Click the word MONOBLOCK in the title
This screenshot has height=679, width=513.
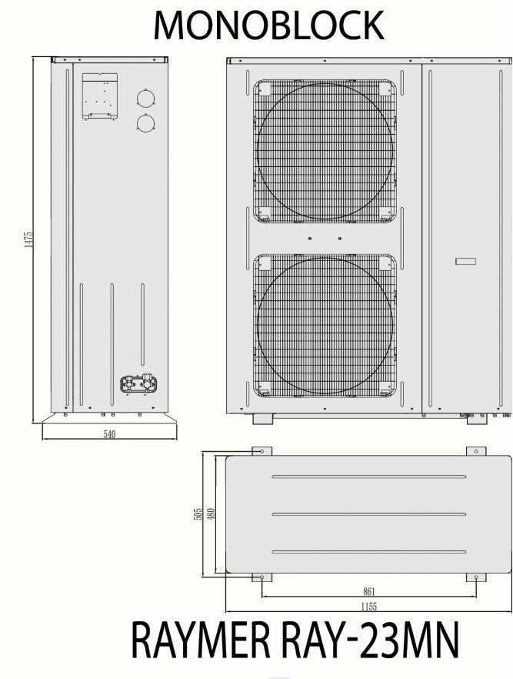(268, 25)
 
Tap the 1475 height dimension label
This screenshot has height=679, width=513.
(28, 239)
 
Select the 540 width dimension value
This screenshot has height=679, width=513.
(109, 434)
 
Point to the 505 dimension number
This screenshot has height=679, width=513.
(198, 514)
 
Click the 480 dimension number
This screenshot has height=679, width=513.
(211, 514)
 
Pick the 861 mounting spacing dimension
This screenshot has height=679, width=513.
(368, 591)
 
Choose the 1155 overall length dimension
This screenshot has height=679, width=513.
(369, 607)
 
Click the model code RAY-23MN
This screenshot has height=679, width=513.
(370, 640)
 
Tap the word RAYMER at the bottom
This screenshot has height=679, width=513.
(202, 640)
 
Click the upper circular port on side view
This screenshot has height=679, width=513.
(146, 99)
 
